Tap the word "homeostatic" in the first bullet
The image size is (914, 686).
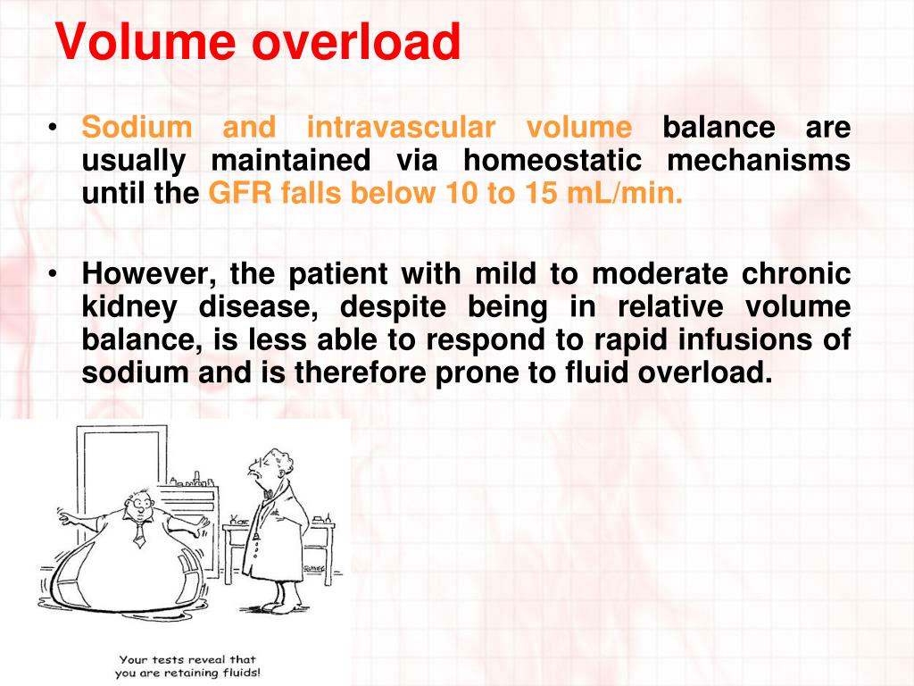click(552, 162)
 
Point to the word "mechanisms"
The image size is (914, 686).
click(759, 162)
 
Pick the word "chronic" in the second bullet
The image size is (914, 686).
click(796, 273)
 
